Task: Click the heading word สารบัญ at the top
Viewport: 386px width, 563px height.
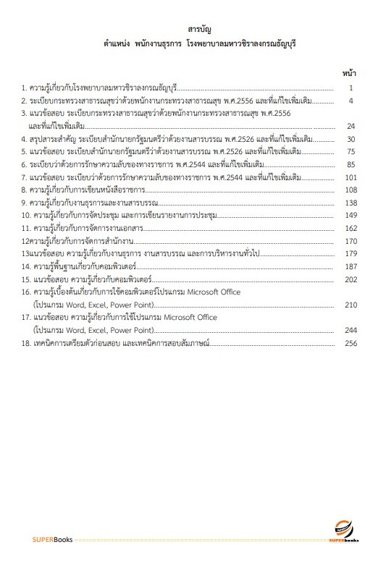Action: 198,29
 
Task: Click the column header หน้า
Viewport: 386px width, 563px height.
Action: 348,73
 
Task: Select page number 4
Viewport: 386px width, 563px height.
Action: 351,101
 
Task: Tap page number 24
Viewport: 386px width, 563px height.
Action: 351,126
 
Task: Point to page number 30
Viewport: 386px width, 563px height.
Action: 351,139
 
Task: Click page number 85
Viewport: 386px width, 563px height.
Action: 351,164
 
